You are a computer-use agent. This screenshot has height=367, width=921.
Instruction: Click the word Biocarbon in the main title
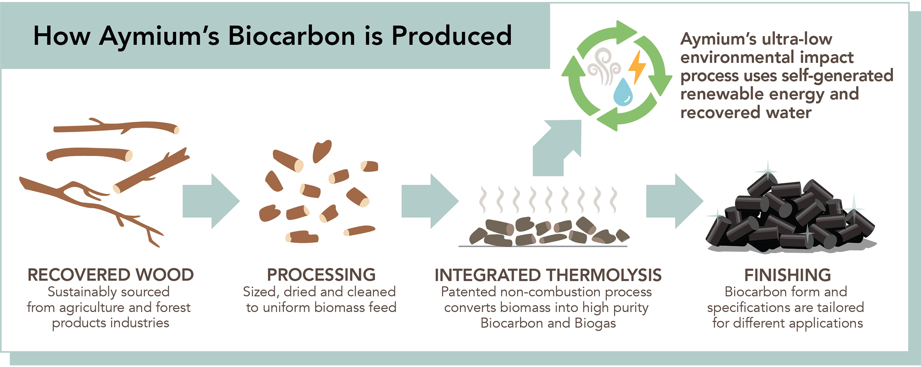(292, 36)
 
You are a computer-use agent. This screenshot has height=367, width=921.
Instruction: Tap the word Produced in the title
(452, 36)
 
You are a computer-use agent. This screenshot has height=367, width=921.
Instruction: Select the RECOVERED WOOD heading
(111, 275)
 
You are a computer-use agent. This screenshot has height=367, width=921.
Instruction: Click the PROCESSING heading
(321, 275)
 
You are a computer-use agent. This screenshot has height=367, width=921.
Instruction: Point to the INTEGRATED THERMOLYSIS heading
(548, 275)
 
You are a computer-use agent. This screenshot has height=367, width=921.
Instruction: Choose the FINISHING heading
(787, 275)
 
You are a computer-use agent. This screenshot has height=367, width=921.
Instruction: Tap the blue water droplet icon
(622, 92)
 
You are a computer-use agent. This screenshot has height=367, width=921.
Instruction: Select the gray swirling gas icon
(603, 66)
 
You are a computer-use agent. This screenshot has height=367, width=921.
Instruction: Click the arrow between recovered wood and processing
(211, 201)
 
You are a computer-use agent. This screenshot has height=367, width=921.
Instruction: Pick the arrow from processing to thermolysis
(430, 201)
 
